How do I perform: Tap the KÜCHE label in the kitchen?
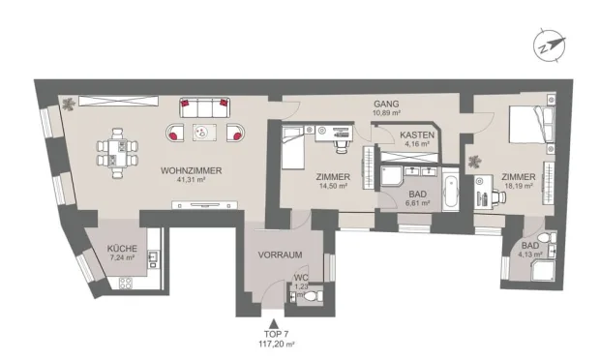(122, 249)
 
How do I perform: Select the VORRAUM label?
(282, 255)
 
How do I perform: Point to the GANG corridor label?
(387, 105)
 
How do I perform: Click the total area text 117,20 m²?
(275, 343)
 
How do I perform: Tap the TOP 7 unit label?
(275, 332)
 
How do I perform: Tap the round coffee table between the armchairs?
(202, 133)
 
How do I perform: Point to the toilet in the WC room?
(306, 300)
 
